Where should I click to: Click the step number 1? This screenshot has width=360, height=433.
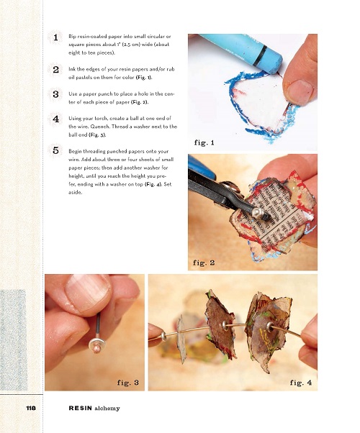click(x=55, y=37)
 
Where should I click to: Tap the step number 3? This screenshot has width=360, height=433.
click(x=55, y=94)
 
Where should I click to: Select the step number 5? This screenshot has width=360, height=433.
click(x=55, y=150)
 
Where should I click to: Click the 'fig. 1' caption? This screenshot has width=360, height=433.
click(x=204, y=142)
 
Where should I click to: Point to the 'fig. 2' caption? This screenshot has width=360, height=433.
click(x=204, y=263)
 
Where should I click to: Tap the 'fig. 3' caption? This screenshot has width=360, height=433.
click(x=127, y=383)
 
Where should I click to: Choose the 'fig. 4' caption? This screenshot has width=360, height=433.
click(x=301, y=383)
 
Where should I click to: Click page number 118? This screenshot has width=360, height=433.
click(x=31, y=408)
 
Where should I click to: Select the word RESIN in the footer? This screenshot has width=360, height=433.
click(x=80, y=408)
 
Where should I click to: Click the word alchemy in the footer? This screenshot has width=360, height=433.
click(x=107, y=409)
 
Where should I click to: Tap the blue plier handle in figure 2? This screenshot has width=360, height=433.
click(x=202, y=166)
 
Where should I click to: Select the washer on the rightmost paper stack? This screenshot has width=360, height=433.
click(x=270, y=327)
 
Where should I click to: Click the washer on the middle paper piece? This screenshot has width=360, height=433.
click(x=224, y=325)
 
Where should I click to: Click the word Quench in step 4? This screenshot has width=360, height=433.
click(x=100, y=127)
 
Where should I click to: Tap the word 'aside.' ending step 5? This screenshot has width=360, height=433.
click(x=75, y=192)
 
